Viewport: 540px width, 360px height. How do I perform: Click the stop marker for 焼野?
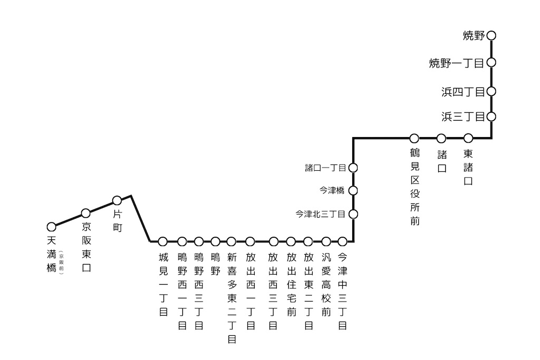[x=491, y=36]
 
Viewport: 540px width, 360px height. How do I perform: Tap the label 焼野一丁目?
[x=457, y=64]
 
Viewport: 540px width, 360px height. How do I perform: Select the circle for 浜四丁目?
[x=491, y=91]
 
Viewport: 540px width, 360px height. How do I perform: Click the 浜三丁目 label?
[x=463, y=117]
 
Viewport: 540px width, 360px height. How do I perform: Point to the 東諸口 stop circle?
[x=468, y=138]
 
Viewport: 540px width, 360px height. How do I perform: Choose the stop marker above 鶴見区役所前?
[x=414, y=138]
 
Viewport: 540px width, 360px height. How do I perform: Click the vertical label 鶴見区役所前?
[x=414, y=188]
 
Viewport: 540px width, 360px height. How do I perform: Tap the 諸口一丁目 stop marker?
[x=353, y=168]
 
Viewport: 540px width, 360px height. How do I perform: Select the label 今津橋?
[x=332, y=190]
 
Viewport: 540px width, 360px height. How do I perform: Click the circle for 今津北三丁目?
[x=353, y=214]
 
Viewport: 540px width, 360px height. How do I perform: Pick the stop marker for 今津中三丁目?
[x=342, y=241]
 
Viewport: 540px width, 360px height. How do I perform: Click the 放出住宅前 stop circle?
[x=291, y=241]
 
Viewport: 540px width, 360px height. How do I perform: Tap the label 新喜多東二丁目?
[x=232, y=298]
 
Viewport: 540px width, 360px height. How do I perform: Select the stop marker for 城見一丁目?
[x=163, y=241]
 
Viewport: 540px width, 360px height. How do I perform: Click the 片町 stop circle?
[x=117, y=200]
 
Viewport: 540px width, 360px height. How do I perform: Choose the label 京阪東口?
[x=86, y=247]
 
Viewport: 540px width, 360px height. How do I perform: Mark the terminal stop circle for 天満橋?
[x=51, y=227]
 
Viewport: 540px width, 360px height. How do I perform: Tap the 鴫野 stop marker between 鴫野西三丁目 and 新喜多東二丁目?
[x=215, y=241]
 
